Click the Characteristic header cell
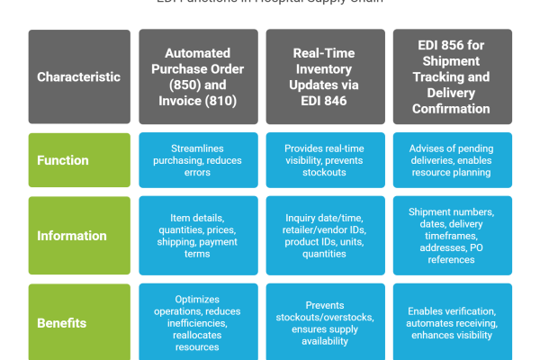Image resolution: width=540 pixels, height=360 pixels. (x=79, y=76)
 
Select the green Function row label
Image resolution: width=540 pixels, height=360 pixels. (x=63, y=160)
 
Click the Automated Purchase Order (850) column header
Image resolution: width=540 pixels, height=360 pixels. (x=197, y=76)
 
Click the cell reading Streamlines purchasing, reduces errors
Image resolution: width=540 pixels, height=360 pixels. (x=197, y=160)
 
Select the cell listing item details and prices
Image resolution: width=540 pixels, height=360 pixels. (x=197, y=236)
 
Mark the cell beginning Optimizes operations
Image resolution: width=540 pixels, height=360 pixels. (x=197, y=321)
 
